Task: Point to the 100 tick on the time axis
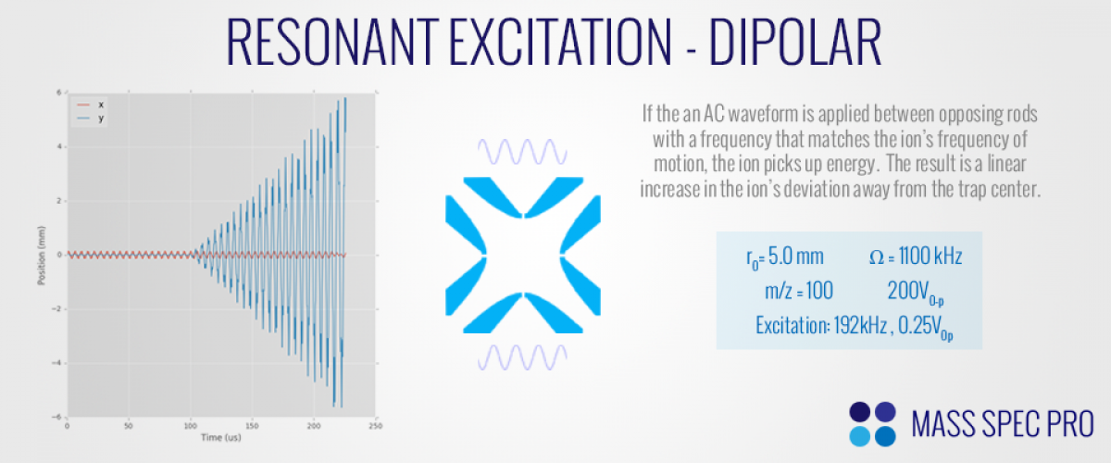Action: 191,426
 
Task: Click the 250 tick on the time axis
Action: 376,426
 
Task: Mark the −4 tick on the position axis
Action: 56,363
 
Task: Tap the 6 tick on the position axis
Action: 59,93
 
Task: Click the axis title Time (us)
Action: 220,437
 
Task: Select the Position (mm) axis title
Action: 42,255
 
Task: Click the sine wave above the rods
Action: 522,151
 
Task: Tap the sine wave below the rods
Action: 522,357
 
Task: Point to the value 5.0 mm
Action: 796,257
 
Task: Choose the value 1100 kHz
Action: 930,257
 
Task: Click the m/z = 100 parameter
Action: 799,291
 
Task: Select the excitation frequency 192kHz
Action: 860,326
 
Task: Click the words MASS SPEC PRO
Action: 1003,424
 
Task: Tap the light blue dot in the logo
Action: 859,436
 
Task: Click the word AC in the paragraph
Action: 714,114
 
